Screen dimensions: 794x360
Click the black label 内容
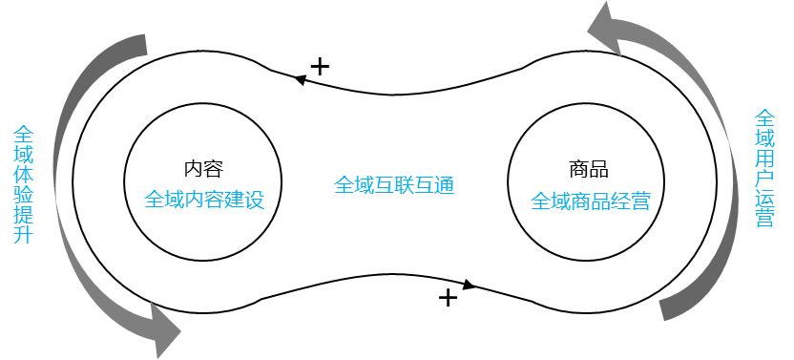(x=203, y=170)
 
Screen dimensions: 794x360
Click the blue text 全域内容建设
(x=203, y=201)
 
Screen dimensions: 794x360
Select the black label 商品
(x=588, y=170)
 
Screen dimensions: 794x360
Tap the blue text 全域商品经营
(x=590, y=201)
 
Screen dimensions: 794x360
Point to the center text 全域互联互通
(x=393, y=184)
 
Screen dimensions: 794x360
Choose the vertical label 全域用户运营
(x=764, y=169)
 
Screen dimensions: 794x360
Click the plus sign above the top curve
(x=320, y=66)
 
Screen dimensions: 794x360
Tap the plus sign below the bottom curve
(x=448, y=298)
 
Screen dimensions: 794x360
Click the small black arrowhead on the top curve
(x=299, y=80)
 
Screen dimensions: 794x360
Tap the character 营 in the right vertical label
(x=764, y=219)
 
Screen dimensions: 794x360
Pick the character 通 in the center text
(x=443, y=184)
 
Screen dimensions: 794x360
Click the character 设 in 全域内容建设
(x=253, y=201)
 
